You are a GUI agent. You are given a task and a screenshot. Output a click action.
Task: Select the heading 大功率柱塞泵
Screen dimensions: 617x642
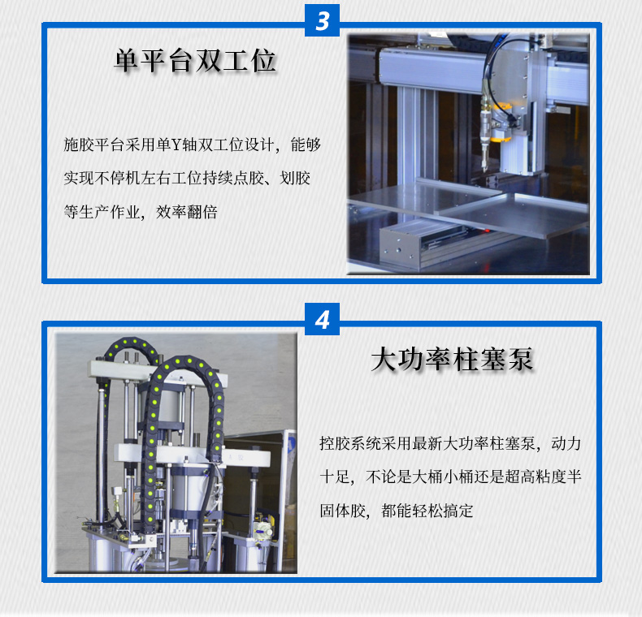pos(452,359)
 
